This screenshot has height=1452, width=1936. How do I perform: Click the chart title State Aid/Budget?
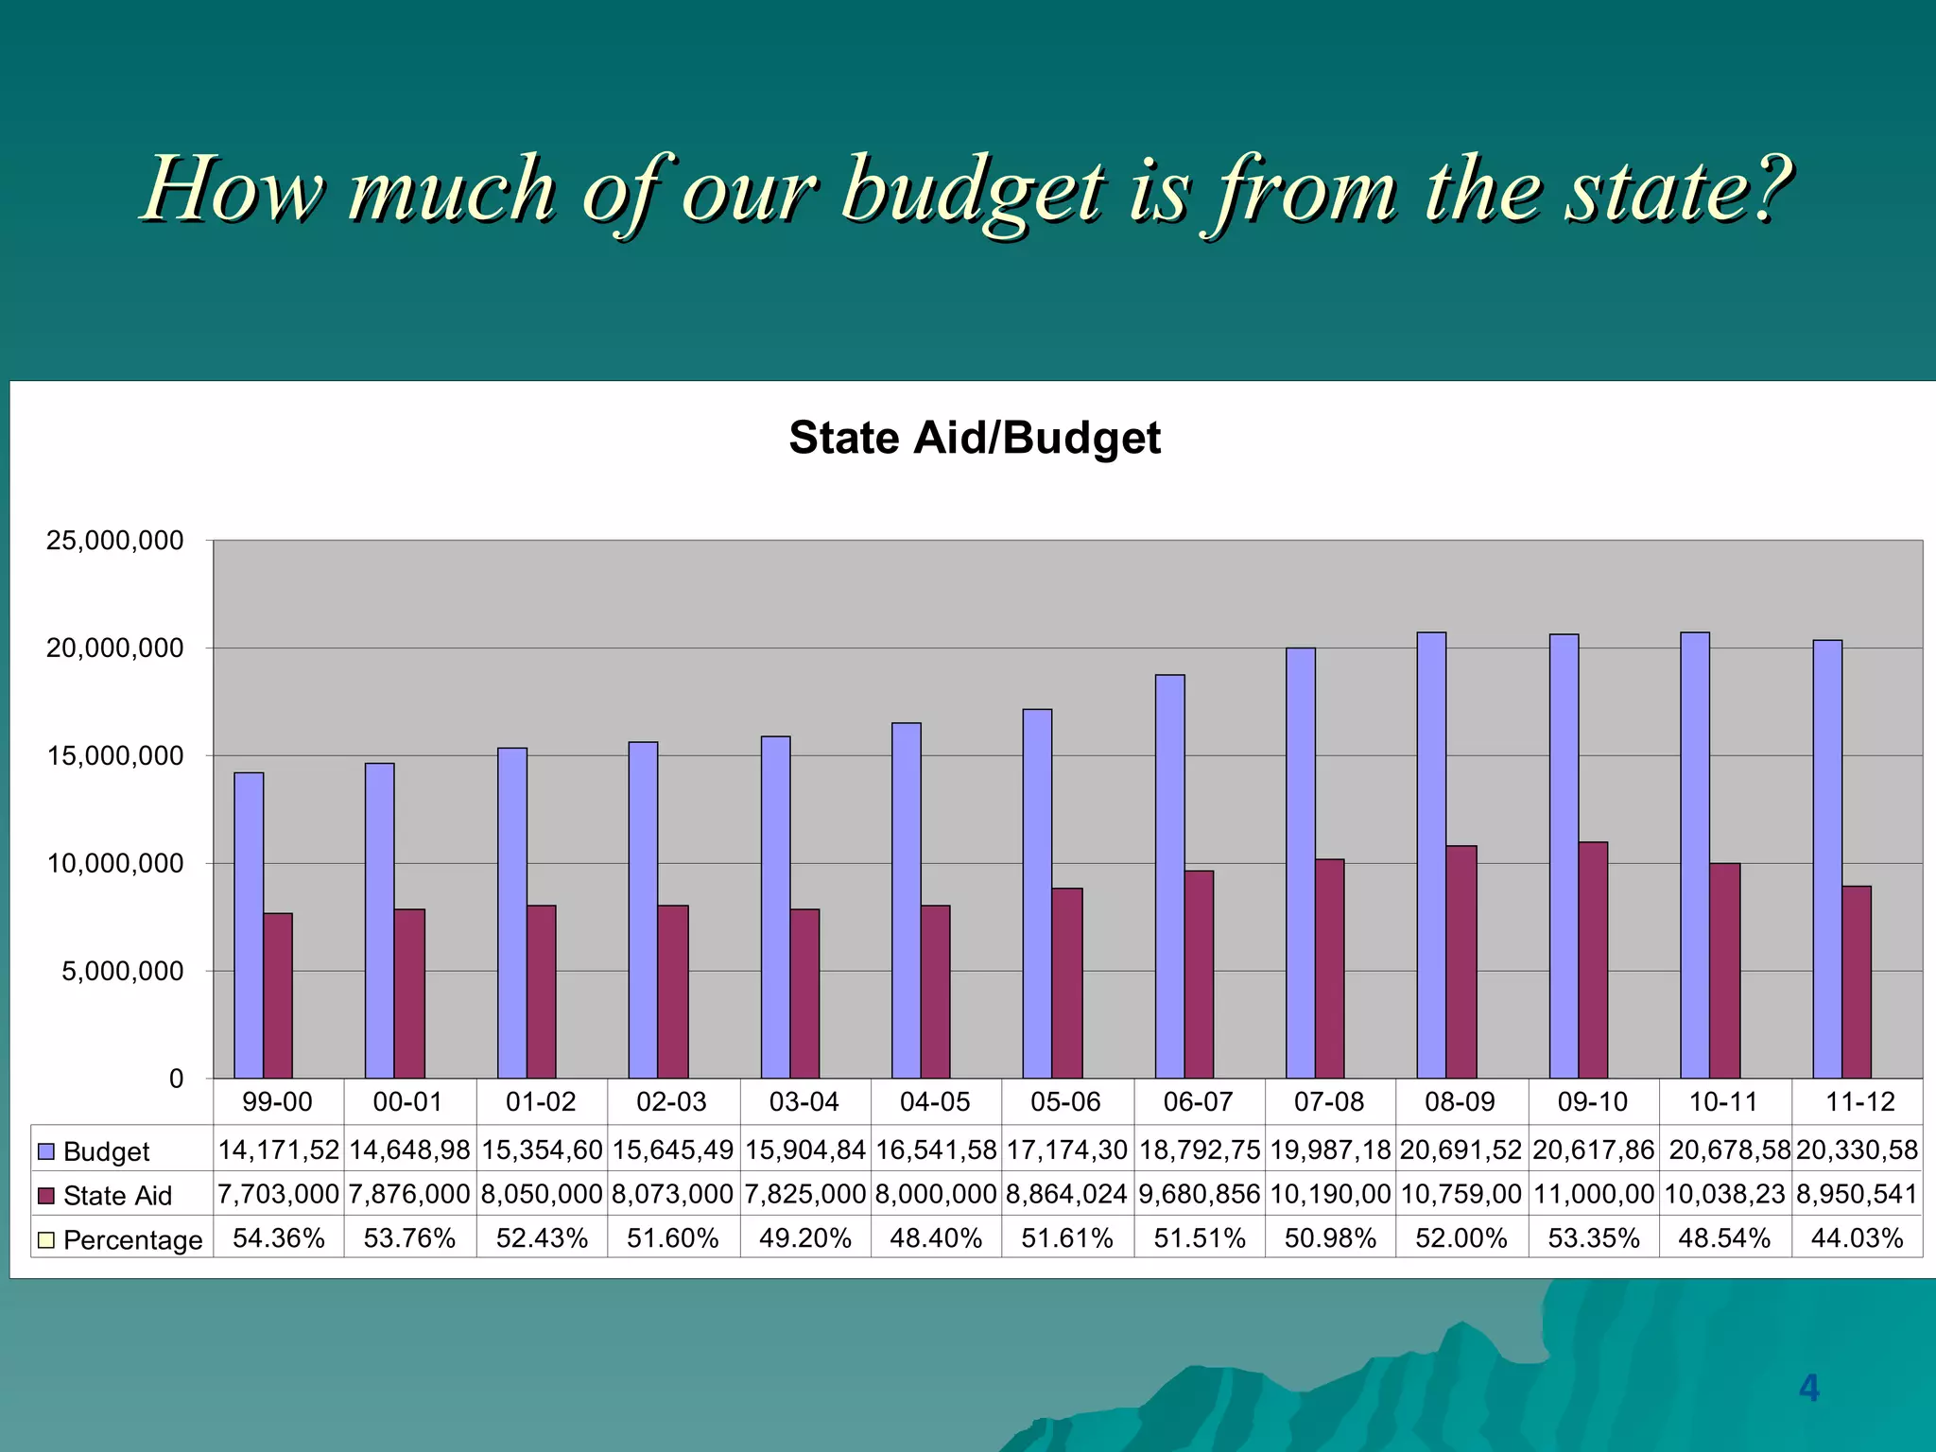click(974, 438)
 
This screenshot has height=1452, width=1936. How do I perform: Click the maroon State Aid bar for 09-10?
click(1593, 959)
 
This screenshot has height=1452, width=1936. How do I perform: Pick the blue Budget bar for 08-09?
click(1431, 855)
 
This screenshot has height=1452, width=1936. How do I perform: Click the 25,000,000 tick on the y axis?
click(114, 541)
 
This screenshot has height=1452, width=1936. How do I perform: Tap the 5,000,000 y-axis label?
click(122, 971)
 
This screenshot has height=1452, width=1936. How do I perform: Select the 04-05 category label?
click(934, 1101)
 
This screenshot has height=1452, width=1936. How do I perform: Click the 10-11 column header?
click(1722, 1101)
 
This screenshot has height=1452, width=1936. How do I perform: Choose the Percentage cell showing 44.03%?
click(1856, 1238)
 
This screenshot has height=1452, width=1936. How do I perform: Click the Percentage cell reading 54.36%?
click(278, 1238)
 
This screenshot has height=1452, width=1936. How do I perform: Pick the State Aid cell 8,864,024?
click(1066, 1194)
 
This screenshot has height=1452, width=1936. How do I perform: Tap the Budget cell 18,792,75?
click(1199, 1149)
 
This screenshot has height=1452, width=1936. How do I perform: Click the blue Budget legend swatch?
click(46, 1151)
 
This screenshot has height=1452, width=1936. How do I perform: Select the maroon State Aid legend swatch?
click(46, 1196)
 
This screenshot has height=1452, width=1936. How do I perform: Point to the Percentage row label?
click(132, 1239)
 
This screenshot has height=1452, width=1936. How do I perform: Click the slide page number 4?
click(1808, 1388)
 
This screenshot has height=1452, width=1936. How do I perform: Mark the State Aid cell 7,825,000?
click(804, 1194)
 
